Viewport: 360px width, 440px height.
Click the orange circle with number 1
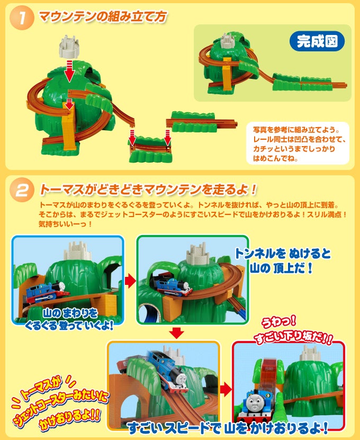click(x=22, y=18)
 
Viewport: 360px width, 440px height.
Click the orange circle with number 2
click(x=22, y=190)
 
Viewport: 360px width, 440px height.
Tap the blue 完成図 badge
click(x=317, y=41)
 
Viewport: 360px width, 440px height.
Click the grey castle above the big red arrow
click(x=69, y=47)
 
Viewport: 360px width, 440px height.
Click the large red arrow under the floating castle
click(x=69, y=71)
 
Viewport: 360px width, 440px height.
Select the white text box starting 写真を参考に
click(x=298, y=143)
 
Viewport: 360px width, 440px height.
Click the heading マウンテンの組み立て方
click(x=103, y=16)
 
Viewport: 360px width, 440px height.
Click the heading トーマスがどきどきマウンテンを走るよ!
click(x=148, y=190)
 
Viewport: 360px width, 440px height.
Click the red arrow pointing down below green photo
click(x=177, y=333)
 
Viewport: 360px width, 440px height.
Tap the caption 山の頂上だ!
click(x=282, y=268)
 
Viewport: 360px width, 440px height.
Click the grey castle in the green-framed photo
click(x=198, y=254)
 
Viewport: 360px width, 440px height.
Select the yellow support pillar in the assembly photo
click(x=69, y=128)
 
